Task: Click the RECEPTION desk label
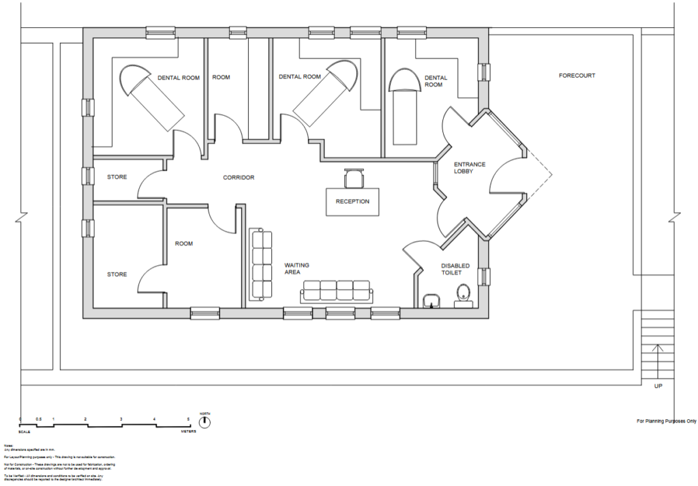pyautogui.click(x=352, y=201)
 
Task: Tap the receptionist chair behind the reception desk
pyautogui.click(x=354, y=178)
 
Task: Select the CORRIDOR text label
pyautogui.click(x=239, y=177)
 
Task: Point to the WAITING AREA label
pyautogui.click(x=297, y=268)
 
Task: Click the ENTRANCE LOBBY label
pyautogui.click(x=470, y=168)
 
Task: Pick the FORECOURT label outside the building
pyautogui.click(x=577, y=76)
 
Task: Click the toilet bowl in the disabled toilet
pyautogui.click(x=464, y=294)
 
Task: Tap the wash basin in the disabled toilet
pyautogui.click(x=431, y=300)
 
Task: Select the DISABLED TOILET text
pyautogui.click(x=455, y=270)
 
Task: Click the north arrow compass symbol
pyautogui.click(x=204, y=422)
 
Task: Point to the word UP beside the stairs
pyautogui.click(x=658, y=386)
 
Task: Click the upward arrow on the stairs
pyautogui.click(x=658, y=358)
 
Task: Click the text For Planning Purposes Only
pyautogui.click(x=666, y=421)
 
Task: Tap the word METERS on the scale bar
pyautogui.click(x=188, y=431)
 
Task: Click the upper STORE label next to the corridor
pyautogui.click(x=117, y=177)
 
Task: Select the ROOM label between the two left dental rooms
pyautogui.click(x=221, y=78)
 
